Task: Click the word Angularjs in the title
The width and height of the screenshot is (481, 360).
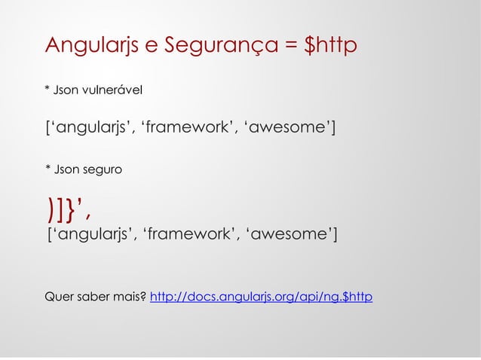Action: [x=90, y=46]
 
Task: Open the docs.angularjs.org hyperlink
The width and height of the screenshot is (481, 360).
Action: [x=261, y=297]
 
